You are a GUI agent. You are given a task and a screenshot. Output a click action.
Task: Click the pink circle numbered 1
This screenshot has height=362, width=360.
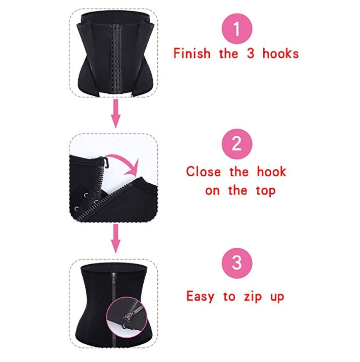pos(237,29)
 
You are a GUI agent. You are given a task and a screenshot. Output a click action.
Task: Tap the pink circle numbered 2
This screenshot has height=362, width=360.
pos(237,144)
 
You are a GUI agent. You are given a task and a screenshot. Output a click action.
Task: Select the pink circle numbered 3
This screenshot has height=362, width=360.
pos(237,263)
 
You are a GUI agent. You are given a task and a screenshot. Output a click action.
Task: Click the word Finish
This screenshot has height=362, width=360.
pos(192,54)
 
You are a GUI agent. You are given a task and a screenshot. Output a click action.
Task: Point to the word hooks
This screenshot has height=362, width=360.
pos(280,54)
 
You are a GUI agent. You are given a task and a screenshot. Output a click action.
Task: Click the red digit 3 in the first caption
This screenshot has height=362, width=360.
pos(251,54)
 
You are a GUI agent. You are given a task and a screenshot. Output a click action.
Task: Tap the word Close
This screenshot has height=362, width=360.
pos(203,172)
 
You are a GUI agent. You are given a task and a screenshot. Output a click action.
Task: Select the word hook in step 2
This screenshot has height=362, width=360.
pos(271,172)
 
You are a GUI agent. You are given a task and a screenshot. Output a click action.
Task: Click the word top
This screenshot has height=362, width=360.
pos(266,191)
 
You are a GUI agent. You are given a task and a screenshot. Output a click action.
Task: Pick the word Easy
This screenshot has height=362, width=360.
pos(200,296)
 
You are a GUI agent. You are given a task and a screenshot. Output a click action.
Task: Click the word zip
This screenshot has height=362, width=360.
pos(253,296)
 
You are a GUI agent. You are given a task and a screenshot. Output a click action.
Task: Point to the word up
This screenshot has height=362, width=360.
pos(277,297)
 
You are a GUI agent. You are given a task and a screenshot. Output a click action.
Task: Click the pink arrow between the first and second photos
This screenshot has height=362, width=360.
pos(115,114)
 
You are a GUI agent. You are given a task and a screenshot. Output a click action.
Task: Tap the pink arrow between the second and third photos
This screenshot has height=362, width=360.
pos(115,239)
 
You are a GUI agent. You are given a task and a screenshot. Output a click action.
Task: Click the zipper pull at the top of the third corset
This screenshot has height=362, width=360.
pos(114,278)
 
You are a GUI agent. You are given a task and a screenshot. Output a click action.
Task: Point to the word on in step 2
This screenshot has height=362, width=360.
pos(212,192)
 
